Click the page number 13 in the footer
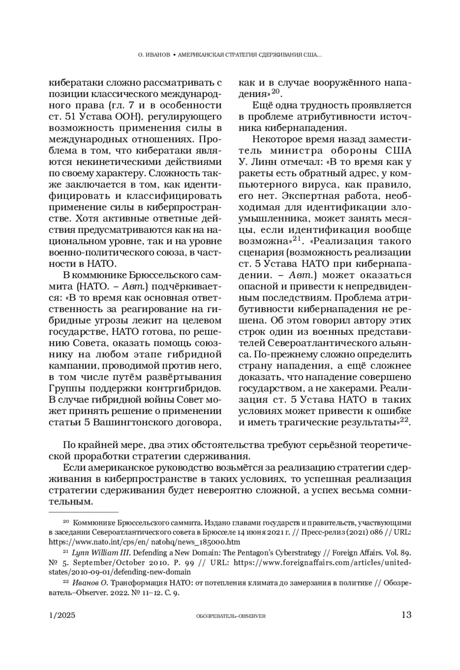coord(406,615)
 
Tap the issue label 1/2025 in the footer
coord(62,615)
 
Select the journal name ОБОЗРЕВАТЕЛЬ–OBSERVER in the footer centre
coord(230,616)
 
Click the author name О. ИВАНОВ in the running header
coord(153,55)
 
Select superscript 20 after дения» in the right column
coord(276,91)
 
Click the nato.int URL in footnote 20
coord(144,542)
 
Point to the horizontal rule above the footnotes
coord(84,512)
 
